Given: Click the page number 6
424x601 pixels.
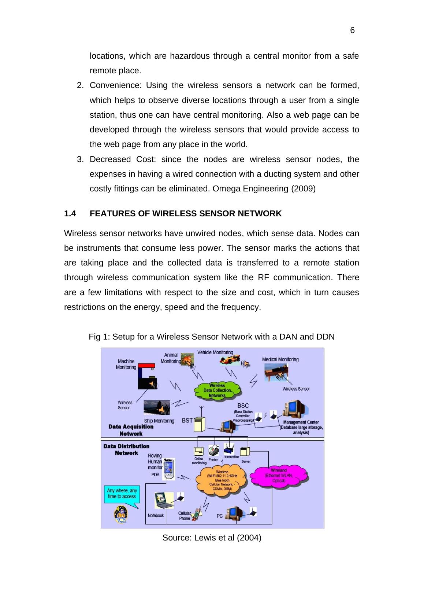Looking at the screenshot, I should [x=352, y=30].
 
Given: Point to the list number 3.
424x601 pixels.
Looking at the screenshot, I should [x=79, y=160].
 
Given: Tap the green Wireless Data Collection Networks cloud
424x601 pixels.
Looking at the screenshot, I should [x=217, y=391].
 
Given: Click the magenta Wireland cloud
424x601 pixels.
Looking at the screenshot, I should [x=279, y=475].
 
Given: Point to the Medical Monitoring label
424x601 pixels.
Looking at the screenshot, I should [x=280, y=359].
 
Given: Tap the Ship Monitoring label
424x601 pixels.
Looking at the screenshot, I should [x=159, y=421].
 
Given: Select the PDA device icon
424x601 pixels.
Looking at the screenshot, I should [x=169, y=469].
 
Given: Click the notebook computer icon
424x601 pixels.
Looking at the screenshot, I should [x=163, y=500].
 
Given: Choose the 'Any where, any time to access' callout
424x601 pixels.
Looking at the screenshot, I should [x=122, y=494].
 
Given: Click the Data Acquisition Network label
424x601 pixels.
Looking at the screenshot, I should [x=131, y=430].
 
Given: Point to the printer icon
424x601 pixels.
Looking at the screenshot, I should [x=213, y=451].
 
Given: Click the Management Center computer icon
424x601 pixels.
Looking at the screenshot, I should [x=295, y=410].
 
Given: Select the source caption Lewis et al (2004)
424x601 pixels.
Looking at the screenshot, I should [x=212, y=538].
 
